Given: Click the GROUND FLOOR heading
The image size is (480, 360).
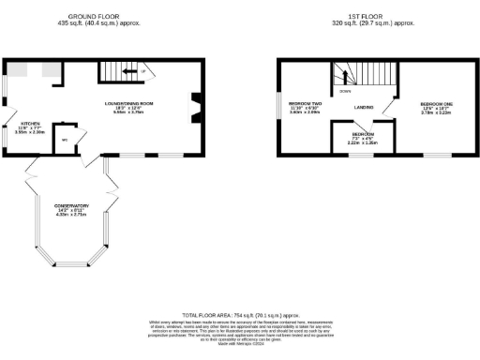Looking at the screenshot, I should point(98,14).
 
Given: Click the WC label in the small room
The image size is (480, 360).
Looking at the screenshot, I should point(65,141).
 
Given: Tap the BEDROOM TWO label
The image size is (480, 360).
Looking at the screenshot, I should point(306,102).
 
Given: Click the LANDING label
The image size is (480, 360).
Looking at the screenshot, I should point(366,108).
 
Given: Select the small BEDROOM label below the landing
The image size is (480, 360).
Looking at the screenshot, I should point(363,134).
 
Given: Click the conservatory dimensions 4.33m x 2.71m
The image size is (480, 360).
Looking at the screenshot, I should point(71,215).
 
